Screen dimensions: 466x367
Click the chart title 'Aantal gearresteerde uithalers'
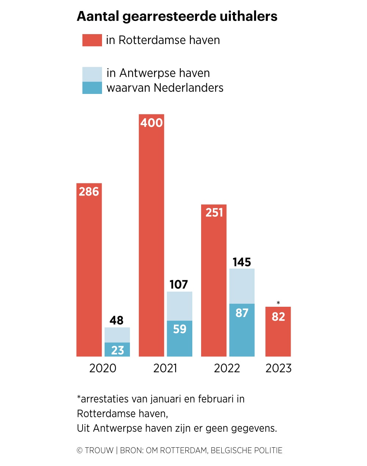tap(177, 17)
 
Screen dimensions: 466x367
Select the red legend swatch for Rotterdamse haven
tap(92, 40)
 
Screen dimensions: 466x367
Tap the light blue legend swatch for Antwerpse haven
tap(92, 74)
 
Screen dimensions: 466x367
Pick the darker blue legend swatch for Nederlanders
tap(92, 88)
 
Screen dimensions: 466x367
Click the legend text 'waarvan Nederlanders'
tap(165, 88)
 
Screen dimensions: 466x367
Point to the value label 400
tap(151, 123)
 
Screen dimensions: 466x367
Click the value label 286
tap(89, 192)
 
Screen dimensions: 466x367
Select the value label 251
tap(214, 213)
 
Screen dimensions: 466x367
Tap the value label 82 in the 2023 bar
tap(278, 317)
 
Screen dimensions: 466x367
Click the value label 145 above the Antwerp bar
tap(242, 262)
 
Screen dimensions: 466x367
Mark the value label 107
tap(179, 284)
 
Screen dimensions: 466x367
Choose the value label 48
tap(117, 320)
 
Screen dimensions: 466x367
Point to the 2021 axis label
tap(165, 368)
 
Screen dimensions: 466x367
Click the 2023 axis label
tap(278, 368)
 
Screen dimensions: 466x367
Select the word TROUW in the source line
tap(99, 451)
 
